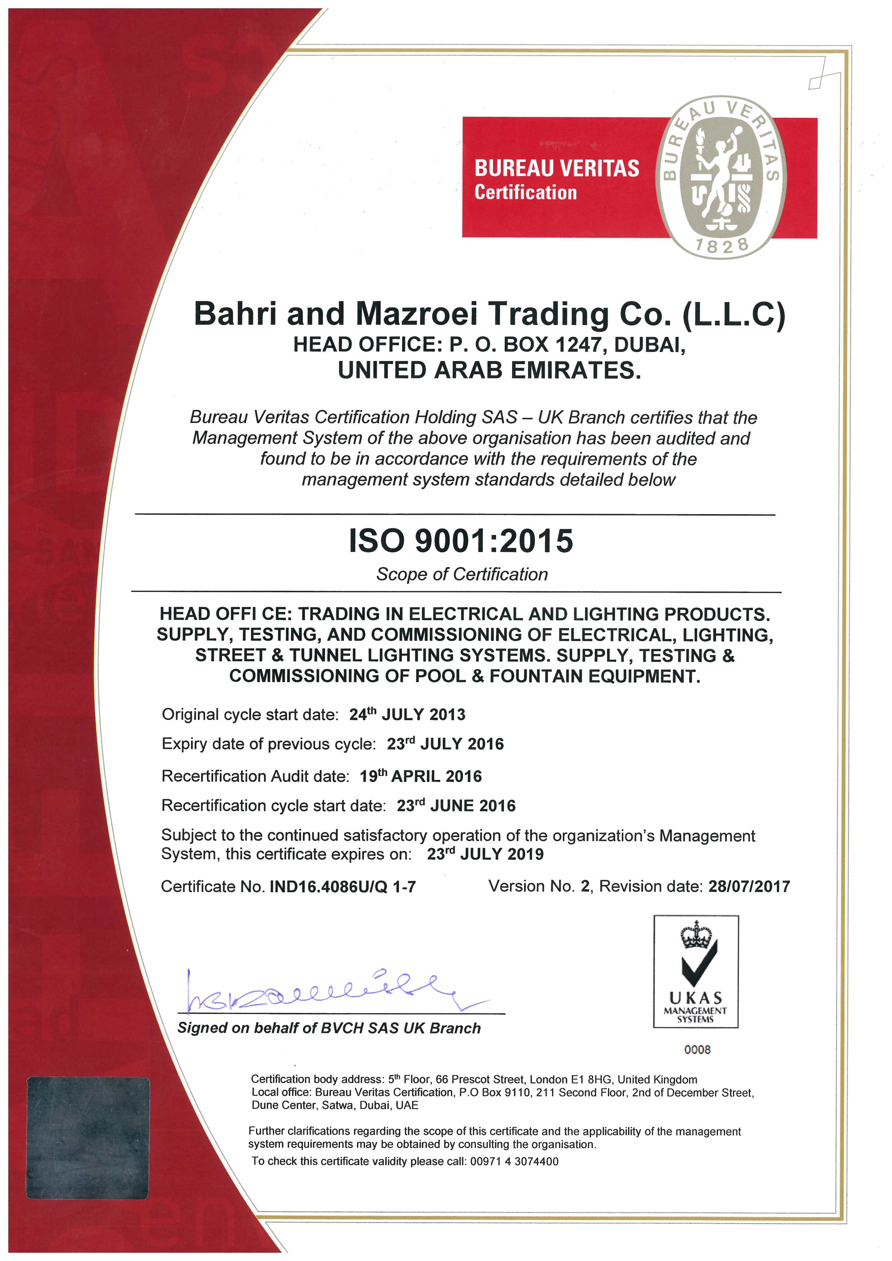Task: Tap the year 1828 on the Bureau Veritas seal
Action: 722,246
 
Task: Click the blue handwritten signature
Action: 324,992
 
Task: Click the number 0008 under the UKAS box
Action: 697,1050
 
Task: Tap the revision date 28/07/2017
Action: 748,886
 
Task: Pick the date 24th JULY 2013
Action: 407,714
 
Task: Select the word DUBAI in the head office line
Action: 648,344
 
